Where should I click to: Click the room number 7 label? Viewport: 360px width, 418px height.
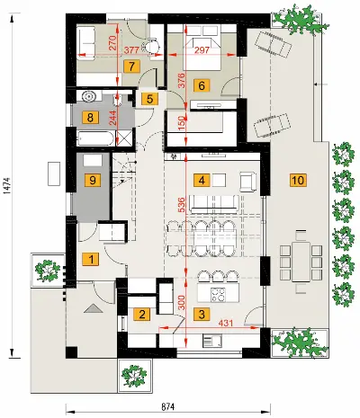point(131,67)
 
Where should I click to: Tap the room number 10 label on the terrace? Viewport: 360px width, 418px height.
point(298,180)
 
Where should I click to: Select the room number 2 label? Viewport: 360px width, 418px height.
point(142,315)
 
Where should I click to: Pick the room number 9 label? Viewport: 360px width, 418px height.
point(93,181)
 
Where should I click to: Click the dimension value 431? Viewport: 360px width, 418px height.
point(226,323)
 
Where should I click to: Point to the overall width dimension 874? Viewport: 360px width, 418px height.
point(168,407)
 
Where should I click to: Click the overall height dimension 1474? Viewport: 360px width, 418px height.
point(7,185)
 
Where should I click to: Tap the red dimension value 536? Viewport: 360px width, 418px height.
point(182,204)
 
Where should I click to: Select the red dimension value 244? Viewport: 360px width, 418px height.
point(112,118)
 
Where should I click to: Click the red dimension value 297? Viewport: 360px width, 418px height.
point(202,49)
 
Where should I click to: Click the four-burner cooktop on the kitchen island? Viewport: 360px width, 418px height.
point(218,294)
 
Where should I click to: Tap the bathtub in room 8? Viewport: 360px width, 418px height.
point(95,138)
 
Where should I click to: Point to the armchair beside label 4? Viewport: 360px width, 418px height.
point(248,182)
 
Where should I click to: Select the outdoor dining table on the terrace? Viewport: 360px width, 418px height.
point(301,262)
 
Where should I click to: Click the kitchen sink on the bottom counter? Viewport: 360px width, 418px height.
point(212,341)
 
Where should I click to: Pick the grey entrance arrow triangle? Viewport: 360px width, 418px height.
point(94,308)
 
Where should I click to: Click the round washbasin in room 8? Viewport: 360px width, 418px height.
point(89,97)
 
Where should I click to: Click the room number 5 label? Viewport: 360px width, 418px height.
point(149,99)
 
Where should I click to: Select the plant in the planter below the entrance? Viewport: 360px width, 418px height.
point(134,375)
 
